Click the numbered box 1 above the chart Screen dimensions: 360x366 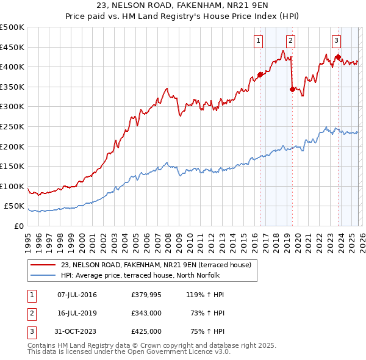pos(258,41)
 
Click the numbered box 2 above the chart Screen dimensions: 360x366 pos(290,41)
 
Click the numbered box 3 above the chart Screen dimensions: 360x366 pos(336,41)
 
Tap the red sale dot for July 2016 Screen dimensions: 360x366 pos(260,74)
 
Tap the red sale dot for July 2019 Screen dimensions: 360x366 pos(292,89)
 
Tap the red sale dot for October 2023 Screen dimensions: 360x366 pos(338,57)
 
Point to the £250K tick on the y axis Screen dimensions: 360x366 pos(12,126)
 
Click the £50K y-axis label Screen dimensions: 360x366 pos(15,206)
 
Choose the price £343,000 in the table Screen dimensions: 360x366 pos(146,313)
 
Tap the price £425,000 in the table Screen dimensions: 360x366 pos(146,331)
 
